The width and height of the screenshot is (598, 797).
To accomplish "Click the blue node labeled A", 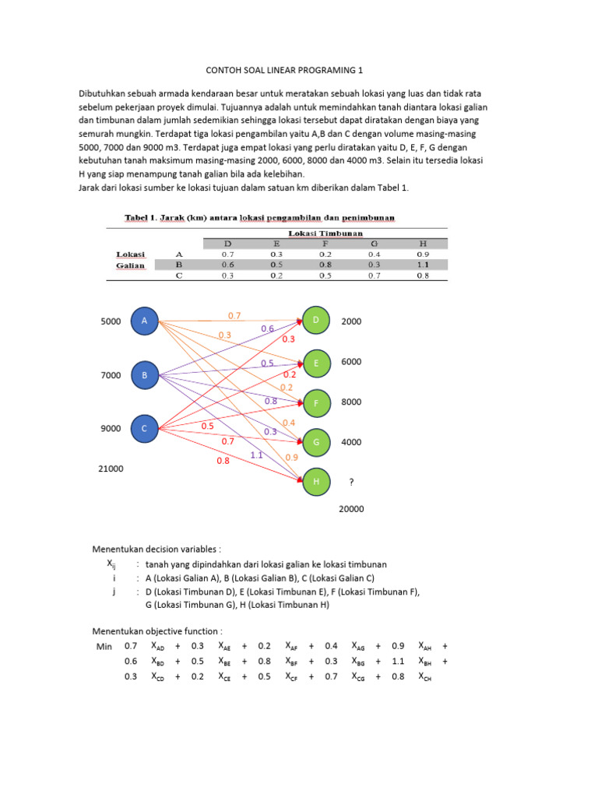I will [x=145, y=321].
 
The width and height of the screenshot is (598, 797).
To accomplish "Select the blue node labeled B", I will [x=145, y=375].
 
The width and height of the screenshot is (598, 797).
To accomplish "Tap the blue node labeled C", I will [x=145, y=427].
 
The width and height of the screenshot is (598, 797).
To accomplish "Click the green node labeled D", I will [x=316, y=321].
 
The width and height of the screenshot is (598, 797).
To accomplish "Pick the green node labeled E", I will [x=316, y=363].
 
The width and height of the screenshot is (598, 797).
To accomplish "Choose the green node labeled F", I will [x=316, y=403].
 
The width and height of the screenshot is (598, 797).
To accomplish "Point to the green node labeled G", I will [x=316, y=442].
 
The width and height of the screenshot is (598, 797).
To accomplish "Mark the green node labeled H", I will [x=316, y=482].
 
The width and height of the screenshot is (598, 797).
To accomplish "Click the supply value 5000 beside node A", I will [x=111, y=321].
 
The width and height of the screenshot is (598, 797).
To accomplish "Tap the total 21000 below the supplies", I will [x=111, y=469].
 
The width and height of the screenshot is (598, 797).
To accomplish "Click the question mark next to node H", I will [x=352, y=483].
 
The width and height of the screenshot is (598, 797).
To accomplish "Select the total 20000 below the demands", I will [x=351, y=509].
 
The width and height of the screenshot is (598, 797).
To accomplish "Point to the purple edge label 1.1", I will [x=256, y=455].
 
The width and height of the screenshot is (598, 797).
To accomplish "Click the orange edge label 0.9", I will [x=291, y=458].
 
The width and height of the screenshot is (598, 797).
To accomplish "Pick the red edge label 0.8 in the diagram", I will [x=223, y=461].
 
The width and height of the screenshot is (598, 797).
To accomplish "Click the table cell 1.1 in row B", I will [x=422, y=265].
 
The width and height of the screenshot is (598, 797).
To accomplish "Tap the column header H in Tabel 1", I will [x=422, y=243].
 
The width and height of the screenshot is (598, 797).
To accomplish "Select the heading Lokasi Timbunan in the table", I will [x=325, y=232].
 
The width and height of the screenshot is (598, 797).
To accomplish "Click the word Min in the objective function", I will [x=103, y=646].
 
